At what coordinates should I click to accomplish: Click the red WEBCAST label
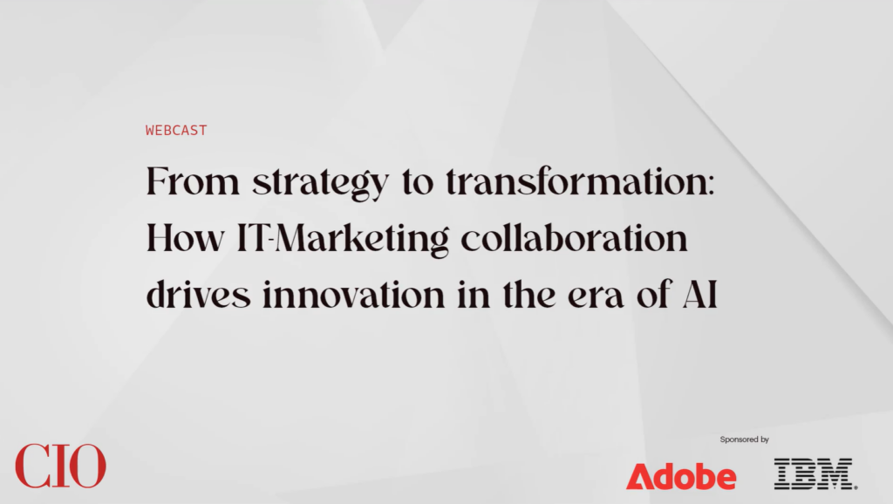click(176, 131)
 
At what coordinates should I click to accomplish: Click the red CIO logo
click(60, 467)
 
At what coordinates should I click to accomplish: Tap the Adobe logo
click(681, 475)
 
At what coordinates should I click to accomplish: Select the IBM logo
click(815, 473)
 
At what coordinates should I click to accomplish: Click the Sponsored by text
click(744, 440)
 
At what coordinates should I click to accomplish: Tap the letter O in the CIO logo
click(87, 467)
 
